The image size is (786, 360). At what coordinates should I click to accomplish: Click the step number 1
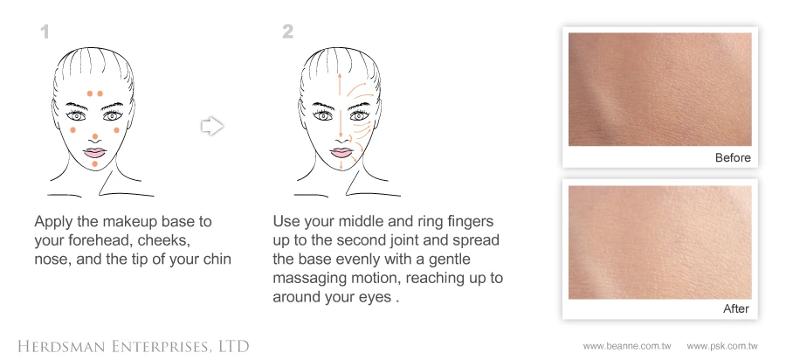tap(45, 32)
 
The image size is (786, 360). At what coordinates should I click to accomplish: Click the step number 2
tap(287, 32)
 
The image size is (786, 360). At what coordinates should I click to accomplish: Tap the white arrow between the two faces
tap(212, 126)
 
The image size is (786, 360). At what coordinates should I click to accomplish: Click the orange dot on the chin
tap(94, 164)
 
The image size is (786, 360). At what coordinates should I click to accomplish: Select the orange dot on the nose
tap(94, 136)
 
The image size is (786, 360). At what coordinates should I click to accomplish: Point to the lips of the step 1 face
tap(93, 152)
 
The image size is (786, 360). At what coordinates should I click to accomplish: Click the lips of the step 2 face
tap(341, 152)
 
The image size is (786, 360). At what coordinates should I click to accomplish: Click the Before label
tap(733, 158)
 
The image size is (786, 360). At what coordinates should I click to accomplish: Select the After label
tap(736, 308)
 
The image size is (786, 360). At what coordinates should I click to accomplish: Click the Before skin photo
tap(659, 89)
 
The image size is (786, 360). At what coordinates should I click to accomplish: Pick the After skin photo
tap(659, 242)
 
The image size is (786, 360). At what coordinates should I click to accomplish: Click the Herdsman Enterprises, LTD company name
tap(134, 346)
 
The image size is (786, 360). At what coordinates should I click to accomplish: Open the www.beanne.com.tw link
tap(626, 346)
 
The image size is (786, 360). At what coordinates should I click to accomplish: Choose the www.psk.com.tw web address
tap(722, 346)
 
